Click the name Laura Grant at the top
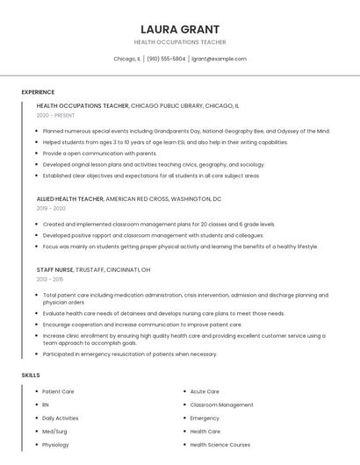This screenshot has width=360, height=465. coord(180,29)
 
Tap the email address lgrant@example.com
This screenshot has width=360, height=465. coord(219,59)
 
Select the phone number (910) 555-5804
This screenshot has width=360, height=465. coord(166,59)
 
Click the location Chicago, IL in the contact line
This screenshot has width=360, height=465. coord(126,59)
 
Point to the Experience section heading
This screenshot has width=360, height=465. coord(38,92)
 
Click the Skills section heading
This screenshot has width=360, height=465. coord(31,375)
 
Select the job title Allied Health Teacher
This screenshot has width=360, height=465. coord(70,199)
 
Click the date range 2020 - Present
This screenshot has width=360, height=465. coord(55,115)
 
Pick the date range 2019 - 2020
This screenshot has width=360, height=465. coord(51,209)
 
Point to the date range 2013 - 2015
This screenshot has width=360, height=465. coord(50,279)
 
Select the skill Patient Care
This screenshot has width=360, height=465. coord(58,391)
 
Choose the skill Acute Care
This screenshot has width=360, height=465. coord(205,391)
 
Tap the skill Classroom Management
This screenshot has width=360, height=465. coord(221,404)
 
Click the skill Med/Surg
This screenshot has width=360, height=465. coord(54,432)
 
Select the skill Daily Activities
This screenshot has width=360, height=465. coord(60,418)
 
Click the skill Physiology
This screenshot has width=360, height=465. coord(55,445)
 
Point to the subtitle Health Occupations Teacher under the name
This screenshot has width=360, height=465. coord(180,42)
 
